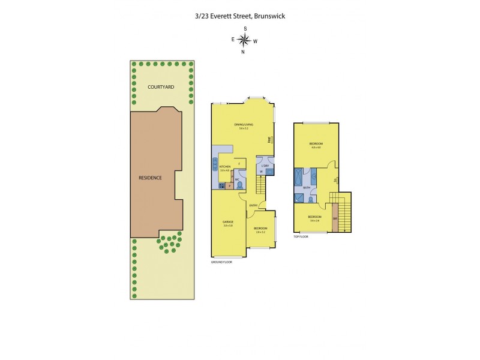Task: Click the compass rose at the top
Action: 244,40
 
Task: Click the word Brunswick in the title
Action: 268,16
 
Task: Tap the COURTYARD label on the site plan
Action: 161,87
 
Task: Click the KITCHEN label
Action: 225,167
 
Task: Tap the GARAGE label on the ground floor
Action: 227,222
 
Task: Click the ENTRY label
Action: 253,206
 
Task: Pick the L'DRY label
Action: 265,165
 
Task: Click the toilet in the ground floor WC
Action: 239,185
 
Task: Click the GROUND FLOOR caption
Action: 221,262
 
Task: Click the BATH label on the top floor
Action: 307,188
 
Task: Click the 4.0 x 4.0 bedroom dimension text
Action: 316,148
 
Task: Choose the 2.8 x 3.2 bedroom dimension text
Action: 260,231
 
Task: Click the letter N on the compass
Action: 243,52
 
